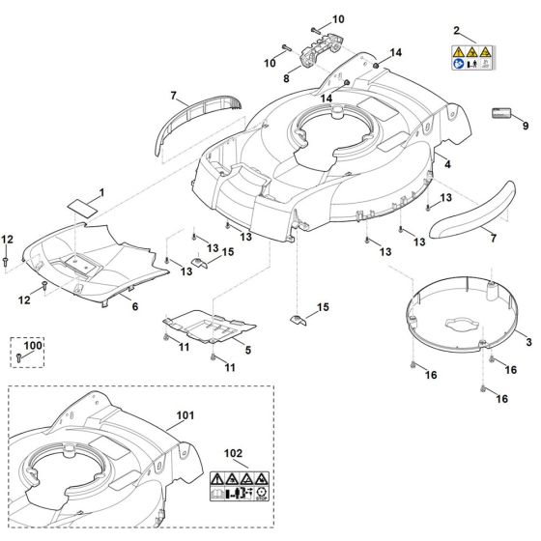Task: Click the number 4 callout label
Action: click(447, 165)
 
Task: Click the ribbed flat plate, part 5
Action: click(206, 329)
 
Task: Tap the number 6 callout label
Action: click(134, 307)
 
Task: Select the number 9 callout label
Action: click(526, 127)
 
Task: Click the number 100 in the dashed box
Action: click(34, 345)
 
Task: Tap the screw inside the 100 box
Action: click(19, 357)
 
